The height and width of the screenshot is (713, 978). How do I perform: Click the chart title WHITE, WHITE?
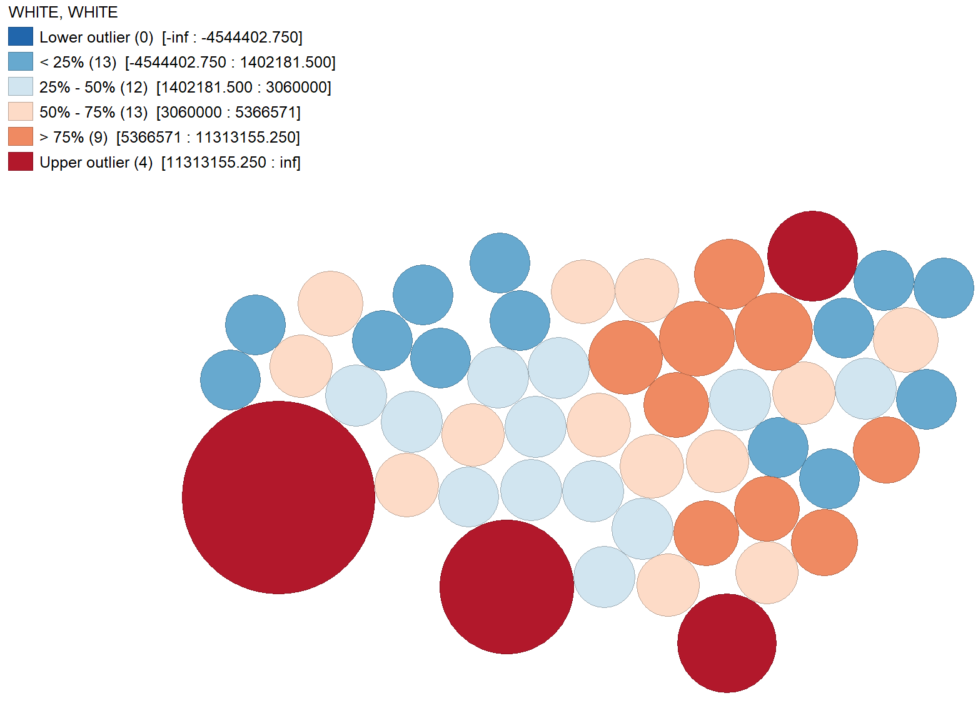pyautogui.click(x=63, y=13)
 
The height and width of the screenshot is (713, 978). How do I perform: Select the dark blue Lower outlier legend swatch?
pyautogui.click(x=21, y=37)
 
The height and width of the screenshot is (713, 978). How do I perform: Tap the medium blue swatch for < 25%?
pyautogui.click(x=21, y=62)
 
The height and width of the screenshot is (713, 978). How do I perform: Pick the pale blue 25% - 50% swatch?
pyautogui.click(x=21, y=87)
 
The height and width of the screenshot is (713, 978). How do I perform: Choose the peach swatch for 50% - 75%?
pyautogui.click(x=21, y=112)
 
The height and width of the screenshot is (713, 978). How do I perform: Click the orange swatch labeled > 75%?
pyautogui.click(x=21, y=137)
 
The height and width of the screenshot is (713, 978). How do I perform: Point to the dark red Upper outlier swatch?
pyautogui.click(x=21, y=162)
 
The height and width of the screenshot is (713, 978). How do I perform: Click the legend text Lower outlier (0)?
pyautogui.click(x=96, y=38)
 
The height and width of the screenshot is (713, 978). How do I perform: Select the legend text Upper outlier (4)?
pyautogui.click(x=96, y=163)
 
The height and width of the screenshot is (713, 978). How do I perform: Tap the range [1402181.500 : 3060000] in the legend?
pyautogui.click(x=244, y=88)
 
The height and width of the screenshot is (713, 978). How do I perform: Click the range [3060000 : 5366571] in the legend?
pyautogui.click(x=228, y=113)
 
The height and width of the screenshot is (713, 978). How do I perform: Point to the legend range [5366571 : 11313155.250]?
pyautogui.click(x=208, y=138)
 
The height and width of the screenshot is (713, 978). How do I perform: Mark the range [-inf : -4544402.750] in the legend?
pyautogui.click(x=232, y=38)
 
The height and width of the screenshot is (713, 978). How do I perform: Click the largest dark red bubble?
pyautogui.click(x=278, y=497)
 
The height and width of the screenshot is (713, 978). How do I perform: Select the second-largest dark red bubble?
pyautogui.click(x=507, y=587)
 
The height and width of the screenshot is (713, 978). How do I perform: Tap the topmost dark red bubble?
pyautogui.click(x=812, y=256)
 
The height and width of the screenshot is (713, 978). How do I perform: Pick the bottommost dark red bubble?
pyautogui.click(x=727, y=643)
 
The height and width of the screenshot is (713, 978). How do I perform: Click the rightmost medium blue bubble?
pyautogui.click(x=944, y=288)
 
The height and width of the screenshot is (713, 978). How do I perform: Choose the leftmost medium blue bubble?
pyautogui.click(x=230, y=380)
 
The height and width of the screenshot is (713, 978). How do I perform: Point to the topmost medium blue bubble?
pyautogui.click(x=500, y=263)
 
